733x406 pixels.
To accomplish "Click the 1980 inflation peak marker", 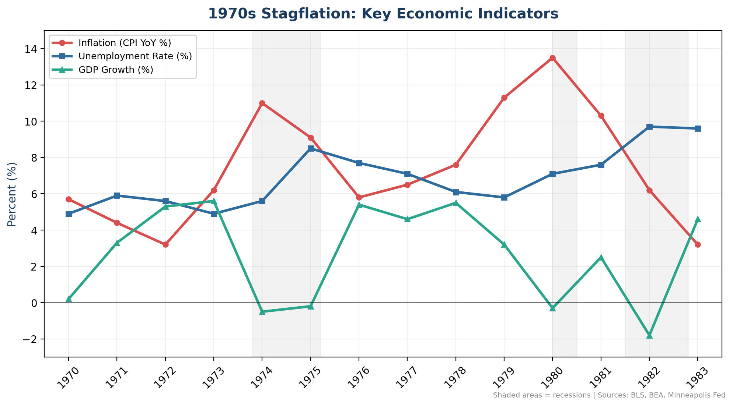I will pyautogui.click(x=552, y=58).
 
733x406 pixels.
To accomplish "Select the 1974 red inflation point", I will pyautogui.click(x=262, y=103).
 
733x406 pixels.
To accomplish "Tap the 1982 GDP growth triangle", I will pyautogui.click(x=649, y=335).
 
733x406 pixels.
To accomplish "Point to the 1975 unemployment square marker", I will pyautogui.click(x=311, y=149).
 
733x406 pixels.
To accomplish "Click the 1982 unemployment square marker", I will pyautogui.click(x=649, y=127).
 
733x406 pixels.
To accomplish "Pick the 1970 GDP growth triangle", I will pyautogui.click(x=69, y=299).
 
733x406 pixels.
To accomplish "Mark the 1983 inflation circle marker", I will pyautogui.click(x=698, y=244).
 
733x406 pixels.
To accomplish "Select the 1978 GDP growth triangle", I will pyautogui.click(x=456, y=203).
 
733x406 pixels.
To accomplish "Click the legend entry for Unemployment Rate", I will pyautogui.click(x=135, y=56).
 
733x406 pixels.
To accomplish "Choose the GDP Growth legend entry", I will pyautogui.click(x=116, y=70).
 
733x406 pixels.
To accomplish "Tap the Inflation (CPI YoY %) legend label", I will pyautogui.click(x=125, y=43).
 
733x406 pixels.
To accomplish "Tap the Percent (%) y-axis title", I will pyautogui.click(x=12, y=194).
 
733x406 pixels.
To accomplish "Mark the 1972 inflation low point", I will pyautogui.click(x=165, y=244).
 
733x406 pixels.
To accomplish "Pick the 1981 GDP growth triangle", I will pyautogui.click(x=601, y=257).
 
